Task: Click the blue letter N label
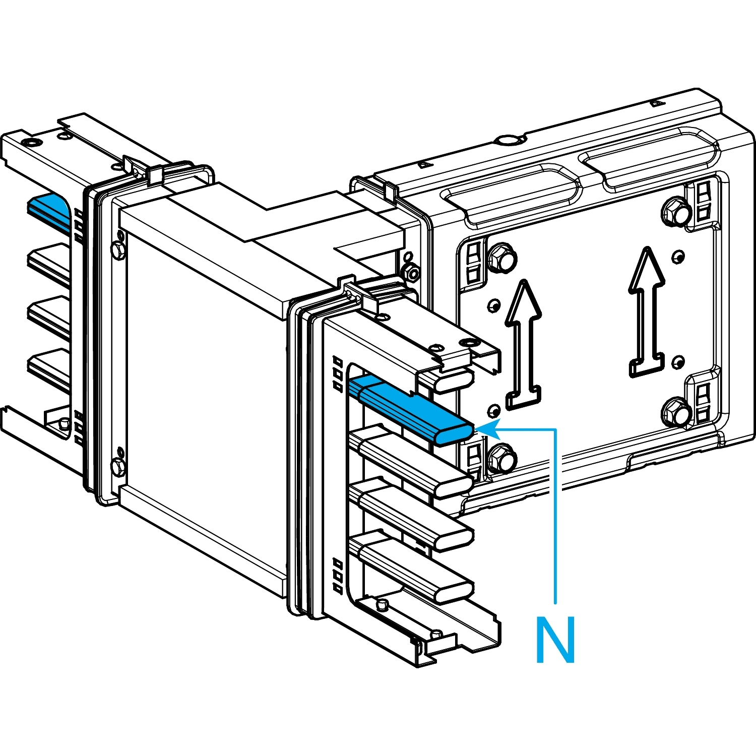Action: click(x=555, y=640)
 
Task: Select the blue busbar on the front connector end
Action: click(x=413, y=411)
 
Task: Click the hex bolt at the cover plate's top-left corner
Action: click(x=501, y=258)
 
